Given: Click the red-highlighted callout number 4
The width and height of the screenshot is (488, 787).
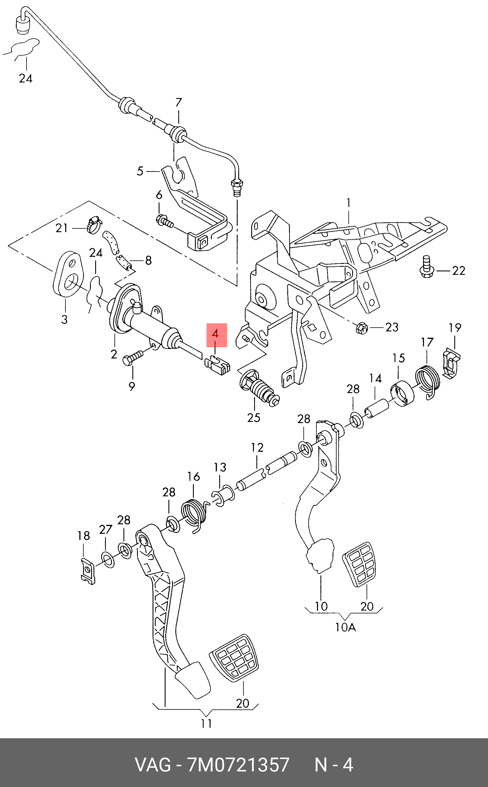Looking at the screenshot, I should [216, 334].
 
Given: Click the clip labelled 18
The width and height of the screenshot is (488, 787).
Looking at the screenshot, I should [87, 570].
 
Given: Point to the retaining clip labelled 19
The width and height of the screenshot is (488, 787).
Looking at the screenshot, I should [451, 364].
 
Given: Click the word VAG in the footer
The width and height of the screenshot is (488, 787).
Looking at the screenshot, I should [153, 765].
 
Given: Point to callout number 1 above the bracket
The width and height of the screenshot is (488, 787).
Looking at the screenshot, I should [349, 203].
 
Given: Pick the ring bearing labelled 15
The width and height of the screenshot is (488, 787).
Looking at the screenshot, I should [402, 394].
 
